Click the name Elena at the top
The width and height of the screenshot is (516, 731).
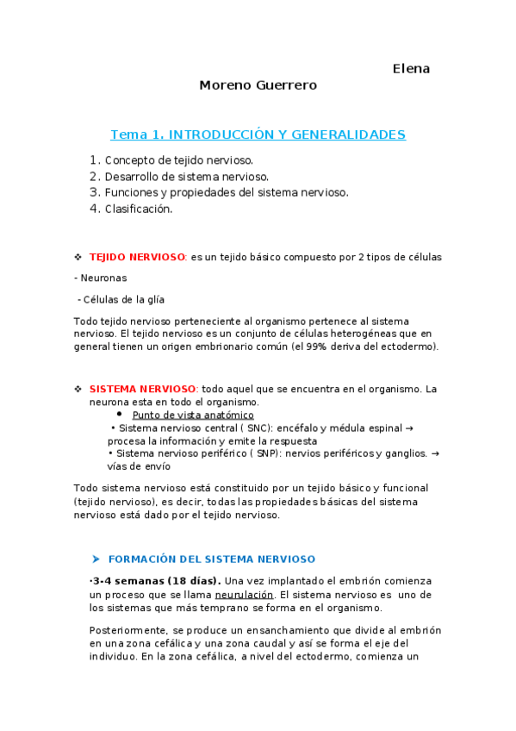pos(411,68)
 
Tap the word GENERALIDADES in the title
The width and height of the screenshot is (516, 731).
pos(348,134)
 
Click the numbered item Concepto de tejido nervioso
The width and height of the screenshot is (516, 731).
pos(178,159)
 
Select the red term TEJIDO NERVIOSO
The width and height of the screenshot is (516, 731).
pos(137,257)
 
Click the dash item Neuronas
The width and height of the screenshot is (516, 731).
pos(104,278)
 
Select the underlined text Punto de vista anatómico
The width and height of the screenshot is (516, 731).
pos(193,415)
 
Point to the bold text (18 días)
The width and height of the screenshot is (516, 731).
pos(193,580)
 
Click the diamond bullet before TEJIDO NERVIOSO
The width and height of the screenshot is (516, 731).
pos(78,257)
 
